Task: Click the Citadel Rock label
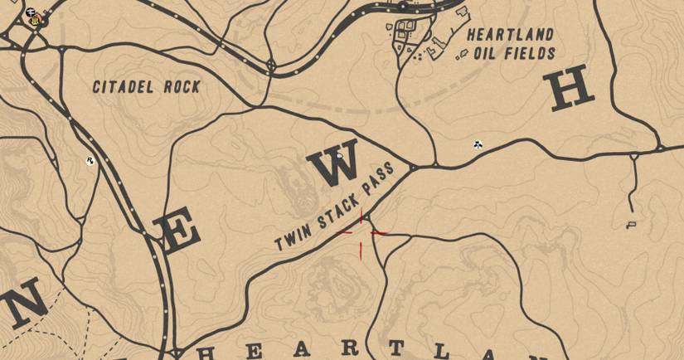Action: [x=146, y=87]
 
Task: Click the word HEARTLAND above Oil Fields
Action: [x=510, y=35]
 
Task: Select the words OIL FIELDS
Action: [x=514, y=54]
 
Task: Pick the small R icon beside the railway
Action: [x=89, y=161]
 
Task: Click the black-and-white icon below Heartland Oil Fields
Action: [x=478, y=144]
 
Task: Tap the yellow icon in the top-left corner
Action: [x=36, y=20]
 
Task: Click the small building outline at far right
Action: [x=632, y=224]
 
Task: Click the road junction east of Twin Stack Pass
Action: [x=434, y=166]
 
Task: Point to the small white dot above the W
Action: [x=340, y=154]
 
